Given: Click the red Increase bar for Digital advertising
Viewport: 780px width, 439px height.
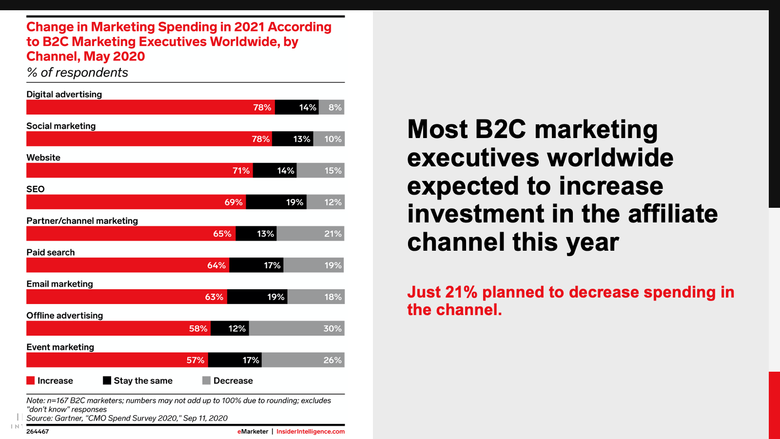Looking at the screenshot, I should click(x=150, y=107).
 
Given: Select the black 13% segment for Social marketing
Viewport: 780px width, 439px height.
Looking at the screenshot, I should click(x=292, y=139).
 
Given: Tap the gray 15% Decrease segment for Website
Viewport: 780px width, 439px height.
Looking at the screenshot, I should click(x=320, y=171).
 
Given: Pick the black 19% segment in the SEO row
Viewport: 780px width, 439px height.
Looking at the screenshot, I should click(x=276, y=202).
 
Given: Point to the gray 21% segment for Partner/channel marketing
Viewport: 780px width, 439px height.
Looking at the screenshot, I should click(x=311, y=234).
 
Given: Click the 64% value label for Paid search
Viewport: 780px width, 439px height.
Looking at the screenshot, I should click(x=216, y=265).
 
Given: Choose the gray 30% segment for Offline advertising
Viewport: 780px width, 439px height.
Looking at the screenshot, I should click(x=296, y=328).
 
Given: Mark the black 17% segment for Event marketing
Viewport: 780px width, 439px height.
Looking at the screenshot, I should click(x=234, y=360).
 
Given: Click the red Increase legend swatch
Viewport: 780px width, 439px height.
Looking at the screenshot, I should click(x=31, y=380).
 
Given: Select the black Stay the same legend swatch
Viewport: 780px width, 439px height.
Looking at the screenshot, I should click(x=107, y=380).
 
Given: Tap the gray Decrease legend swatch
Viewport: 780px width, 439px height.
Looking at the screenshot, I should click(x=207, y=380).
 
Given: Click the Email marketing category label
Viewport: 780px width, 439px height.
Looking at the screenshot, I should click(x=59, y=284).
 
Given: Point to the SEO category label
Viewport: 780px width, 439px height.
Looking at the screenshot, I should click(x=36, y=189).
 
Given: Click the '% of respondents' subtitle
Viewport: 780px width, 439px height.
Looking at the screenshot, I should click(x=78, y=73).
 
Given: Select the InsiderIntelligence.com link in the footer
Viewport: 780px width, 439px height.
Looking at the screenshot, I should click(x=311, y=432).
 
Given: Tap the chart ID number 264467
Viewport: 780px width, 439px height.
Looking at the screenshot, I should click(x=38, y=432).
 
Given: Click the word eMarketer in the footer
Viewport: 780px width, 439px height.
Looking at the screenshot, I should click(x=253, y=432).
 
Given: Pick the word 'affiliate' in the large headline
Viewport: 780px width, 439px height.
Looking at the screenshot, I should click(x=673, y=214).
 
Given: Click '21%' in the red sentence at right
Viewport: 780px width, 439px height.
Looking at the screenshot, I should click(x=461, y=292).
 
